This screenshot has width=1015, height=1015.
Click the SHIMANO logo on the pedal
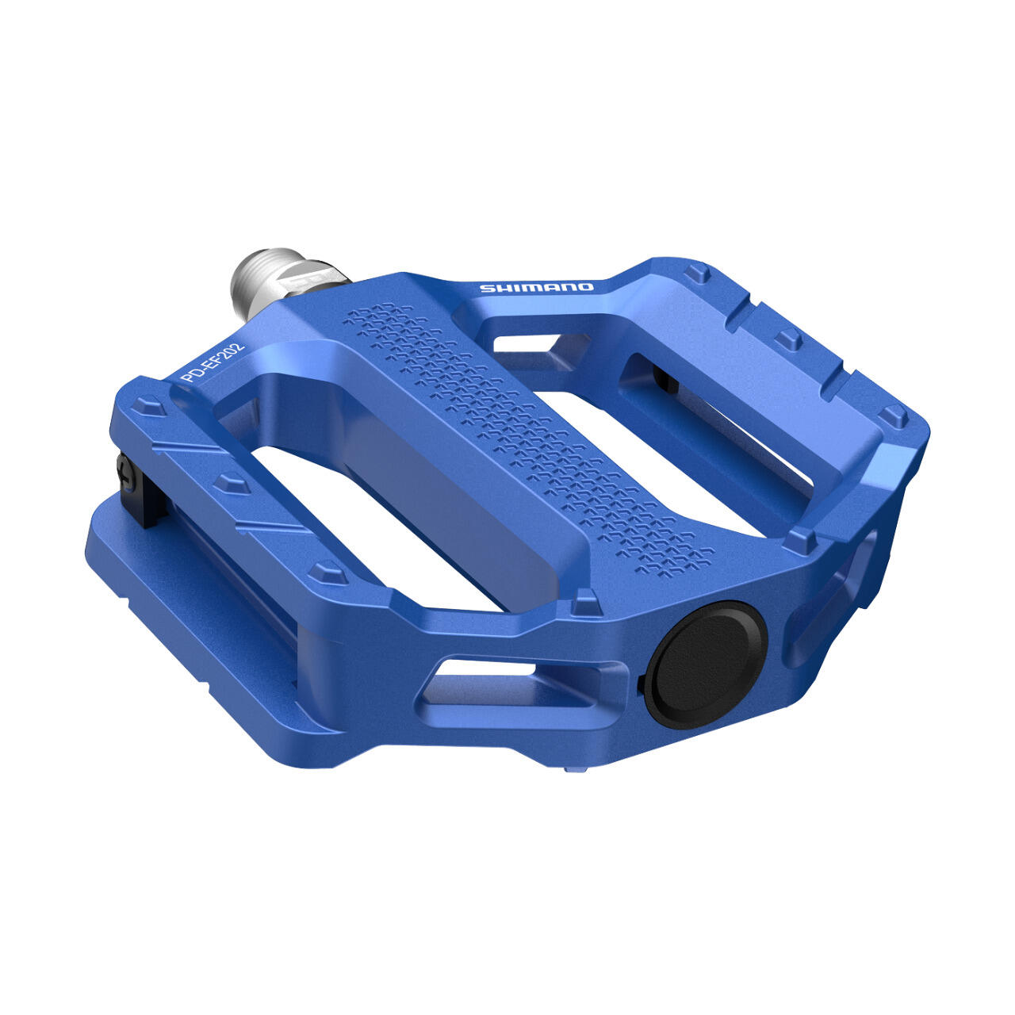point(535,287)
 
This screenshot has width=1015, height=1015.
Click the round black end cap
point(705,665)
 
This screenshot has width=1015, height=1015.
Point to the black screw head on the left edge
point(124,473)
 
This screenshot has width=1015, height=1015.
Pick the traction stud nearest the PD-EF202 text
point(148,406)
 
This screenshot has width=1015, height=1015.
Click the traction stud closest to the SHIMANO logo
point(697,274)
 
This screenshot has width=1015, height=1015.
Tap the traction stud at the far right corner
point(894,416)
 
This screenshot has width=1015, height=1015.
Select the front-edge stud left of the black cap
point(585,602)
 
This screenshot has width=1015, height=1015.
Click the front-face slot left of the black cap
point(507,684)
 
